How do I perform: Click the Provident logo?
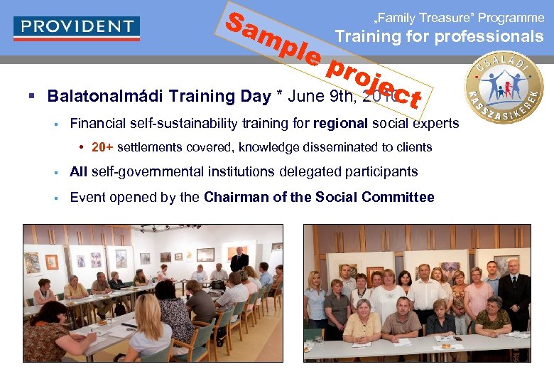coord(77,28)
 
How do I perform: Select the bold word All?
coord(79,171)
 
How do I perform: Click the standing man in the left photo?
coord(239,260)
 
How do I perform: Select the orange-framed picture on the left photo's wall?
coord(51,262)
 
